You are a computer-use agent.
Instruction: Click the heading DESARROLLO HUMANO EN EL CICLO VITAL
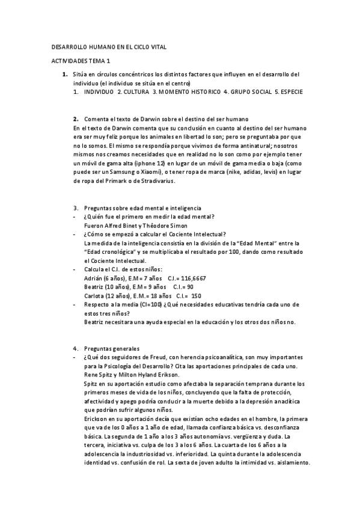[108, 47]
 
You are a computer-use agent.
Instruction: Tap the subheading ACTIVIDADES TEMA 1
[81, 61]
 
